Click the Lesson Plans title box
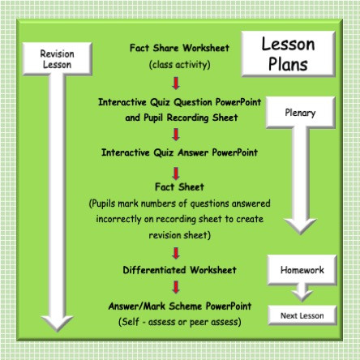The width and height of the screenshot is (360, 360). [288, 54]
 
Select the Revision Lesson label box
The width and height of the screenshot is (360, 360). [57, 58]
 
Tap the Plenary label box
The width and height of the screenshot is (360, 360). [300, 113]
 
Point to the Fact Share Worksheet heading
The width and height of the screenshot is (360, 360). [179, 48]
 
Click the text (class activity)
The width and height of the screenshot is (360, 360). [179, 63]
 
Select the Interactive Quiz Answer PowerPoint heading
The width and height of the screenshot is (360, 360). [179, 152]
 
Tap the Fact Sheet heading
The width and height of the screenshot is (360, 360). [179, 187]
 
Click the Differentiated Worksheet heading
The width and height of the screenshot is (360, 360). [179, 269]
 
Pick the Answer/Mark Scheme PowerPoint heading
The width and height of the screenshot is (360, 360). [179, 306]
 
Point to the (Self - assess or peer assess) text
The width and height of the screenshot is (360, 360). [179, 321]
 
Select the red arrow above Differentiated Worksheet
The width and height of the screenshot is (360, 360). [177, 252]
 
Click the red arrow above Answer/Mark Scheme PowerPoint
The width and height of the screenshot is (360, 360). [177, 288]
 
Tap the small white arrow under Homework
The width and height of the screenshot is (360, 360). [301, 292]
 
